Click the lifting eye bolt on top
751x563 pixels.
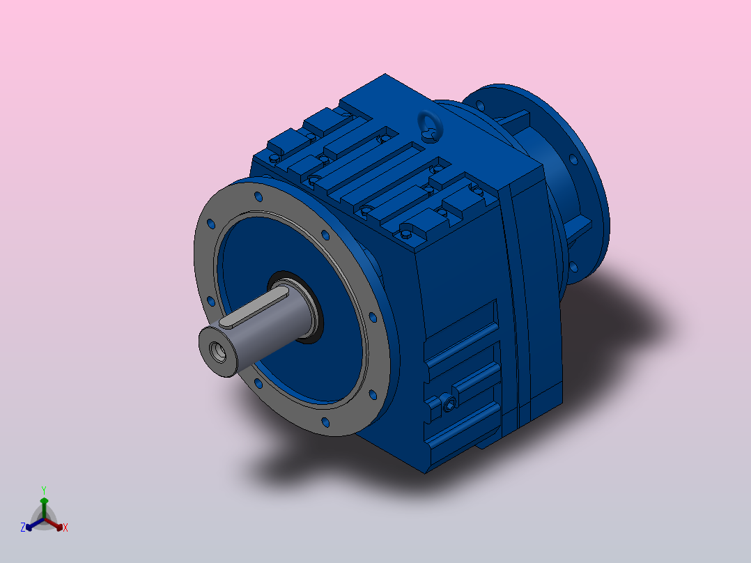click(430, 125)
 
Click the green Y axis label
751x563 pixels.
click(44, 490)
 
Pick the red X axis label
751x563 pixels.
click(65, 527)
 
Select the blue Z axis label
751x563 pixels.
click(22, 527)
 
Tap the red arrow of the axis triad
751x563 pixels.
click(54, 524)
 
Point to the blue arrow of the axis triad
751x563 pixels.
click(35, 524)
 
